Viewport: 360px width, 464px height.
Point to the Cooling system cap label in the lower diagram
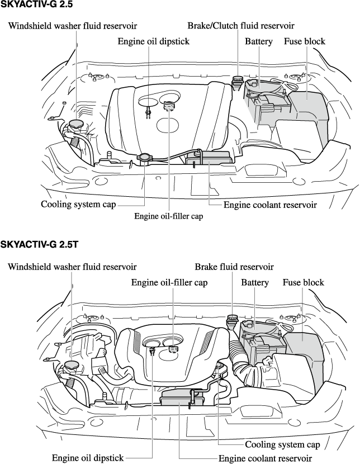click(282, 445)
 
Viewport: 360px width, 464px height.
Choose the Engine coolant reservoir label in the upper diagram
click(270, 205)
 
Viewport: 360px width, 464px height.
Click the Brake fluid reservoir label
click(234, 267)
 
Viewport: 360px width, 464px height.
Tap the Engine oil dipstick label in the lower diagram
click(88, 458)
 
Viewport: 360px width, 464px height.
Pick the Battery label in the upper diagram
click(259, 42)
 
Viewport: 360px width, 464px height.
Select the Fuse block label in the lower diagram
click(304, 283)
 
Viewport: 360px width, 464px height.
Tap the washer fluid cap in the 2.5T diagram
click(72, 366)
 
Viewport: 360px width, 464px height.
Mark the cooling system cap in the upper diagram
click(144, 158)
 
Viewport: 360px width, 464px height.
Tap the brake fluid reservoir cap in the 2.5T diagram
click(232, 320)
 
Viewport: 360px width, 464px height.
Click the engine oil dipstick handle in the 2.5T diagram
click(152, 351)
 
